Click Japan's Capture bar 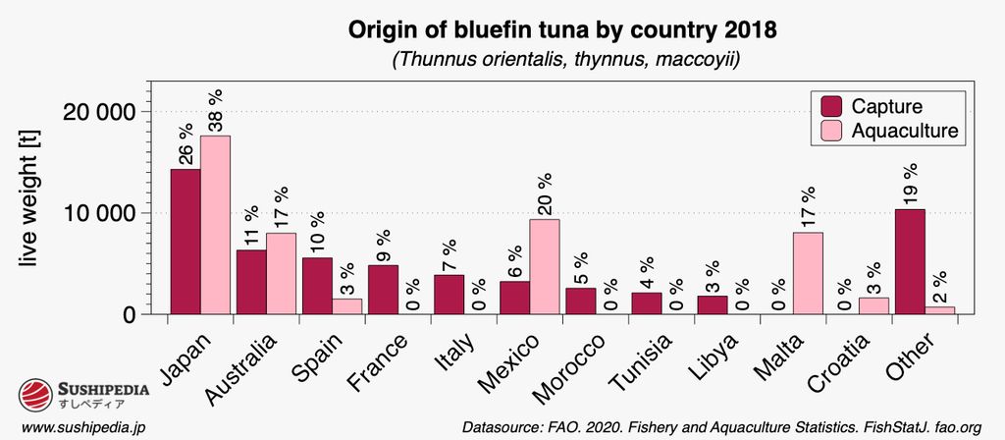click(x=185, y=242)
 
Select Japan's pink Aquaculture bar click(x=216, y=225)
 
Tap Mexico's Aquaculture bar click(x=544, y=266)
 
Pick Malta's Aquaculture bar click(x=808, y=273)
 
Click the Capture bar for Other click(x=909, y=261)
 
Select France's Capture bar click(x=384, y=290)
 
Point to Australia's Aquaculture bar click(x=282, y=273)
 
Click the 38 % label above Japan click(x=216, y=110)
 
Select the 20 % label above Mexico click(x=544, y=193)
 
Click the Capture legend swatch click(x=830, y=106)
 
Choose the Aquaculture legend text click(x=904, y=131)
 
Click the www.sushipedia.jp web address click(x=83, y=427)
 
